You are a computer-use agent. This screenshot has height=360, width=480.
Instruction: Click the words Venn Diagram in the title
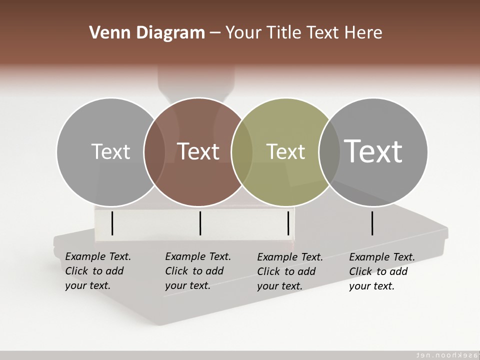[x=147, y=33]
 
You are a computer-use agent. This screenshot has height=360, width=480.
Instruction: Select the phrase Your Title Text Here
[x=303, y=33]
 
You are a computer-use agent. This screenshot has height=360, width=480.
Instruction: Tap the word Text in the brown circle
[x=198, y=151]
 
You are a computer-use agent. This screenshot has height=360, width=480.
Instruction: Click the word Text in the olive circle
[x=285, y=151]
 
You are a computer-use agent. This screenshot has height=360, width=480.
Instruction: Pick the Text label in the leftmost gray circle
[x=110, y=151]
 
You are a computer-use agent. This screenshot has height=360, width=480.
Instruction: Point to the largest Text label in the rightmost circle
[x=373, y=151]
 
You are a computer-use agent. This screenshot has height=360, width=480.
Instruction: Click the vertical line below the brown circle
[x=200, y=223]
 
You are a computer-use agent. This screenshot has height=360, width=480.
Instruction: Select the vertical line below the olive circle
[x=288, y=223]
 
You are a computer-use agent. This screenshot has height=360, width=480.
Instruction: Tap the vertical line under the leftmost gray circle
[x=112, y=223]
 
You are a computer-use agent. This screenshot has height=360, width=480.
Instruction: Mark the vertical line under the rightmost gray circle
[x=372, y=223]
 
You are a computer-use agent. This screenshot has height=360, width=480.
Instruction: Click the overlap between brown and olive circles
[x=242, y=152]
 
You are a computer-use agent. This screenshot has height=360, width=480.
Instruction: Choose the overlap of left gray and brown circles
[x=154, y=152]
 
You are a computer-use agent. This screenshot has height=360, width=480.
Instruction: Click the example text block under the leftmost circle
[x=98, y=271]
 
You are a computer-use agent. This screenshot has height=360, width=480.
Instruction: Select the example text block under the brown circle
[x=198, y=271]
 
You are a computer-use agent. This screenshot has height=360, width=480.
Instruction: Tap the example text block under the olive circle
[x=290, y=271]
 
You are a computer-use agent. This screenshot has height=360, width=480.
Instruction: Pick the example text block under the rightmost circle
[x=382, y=271]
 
